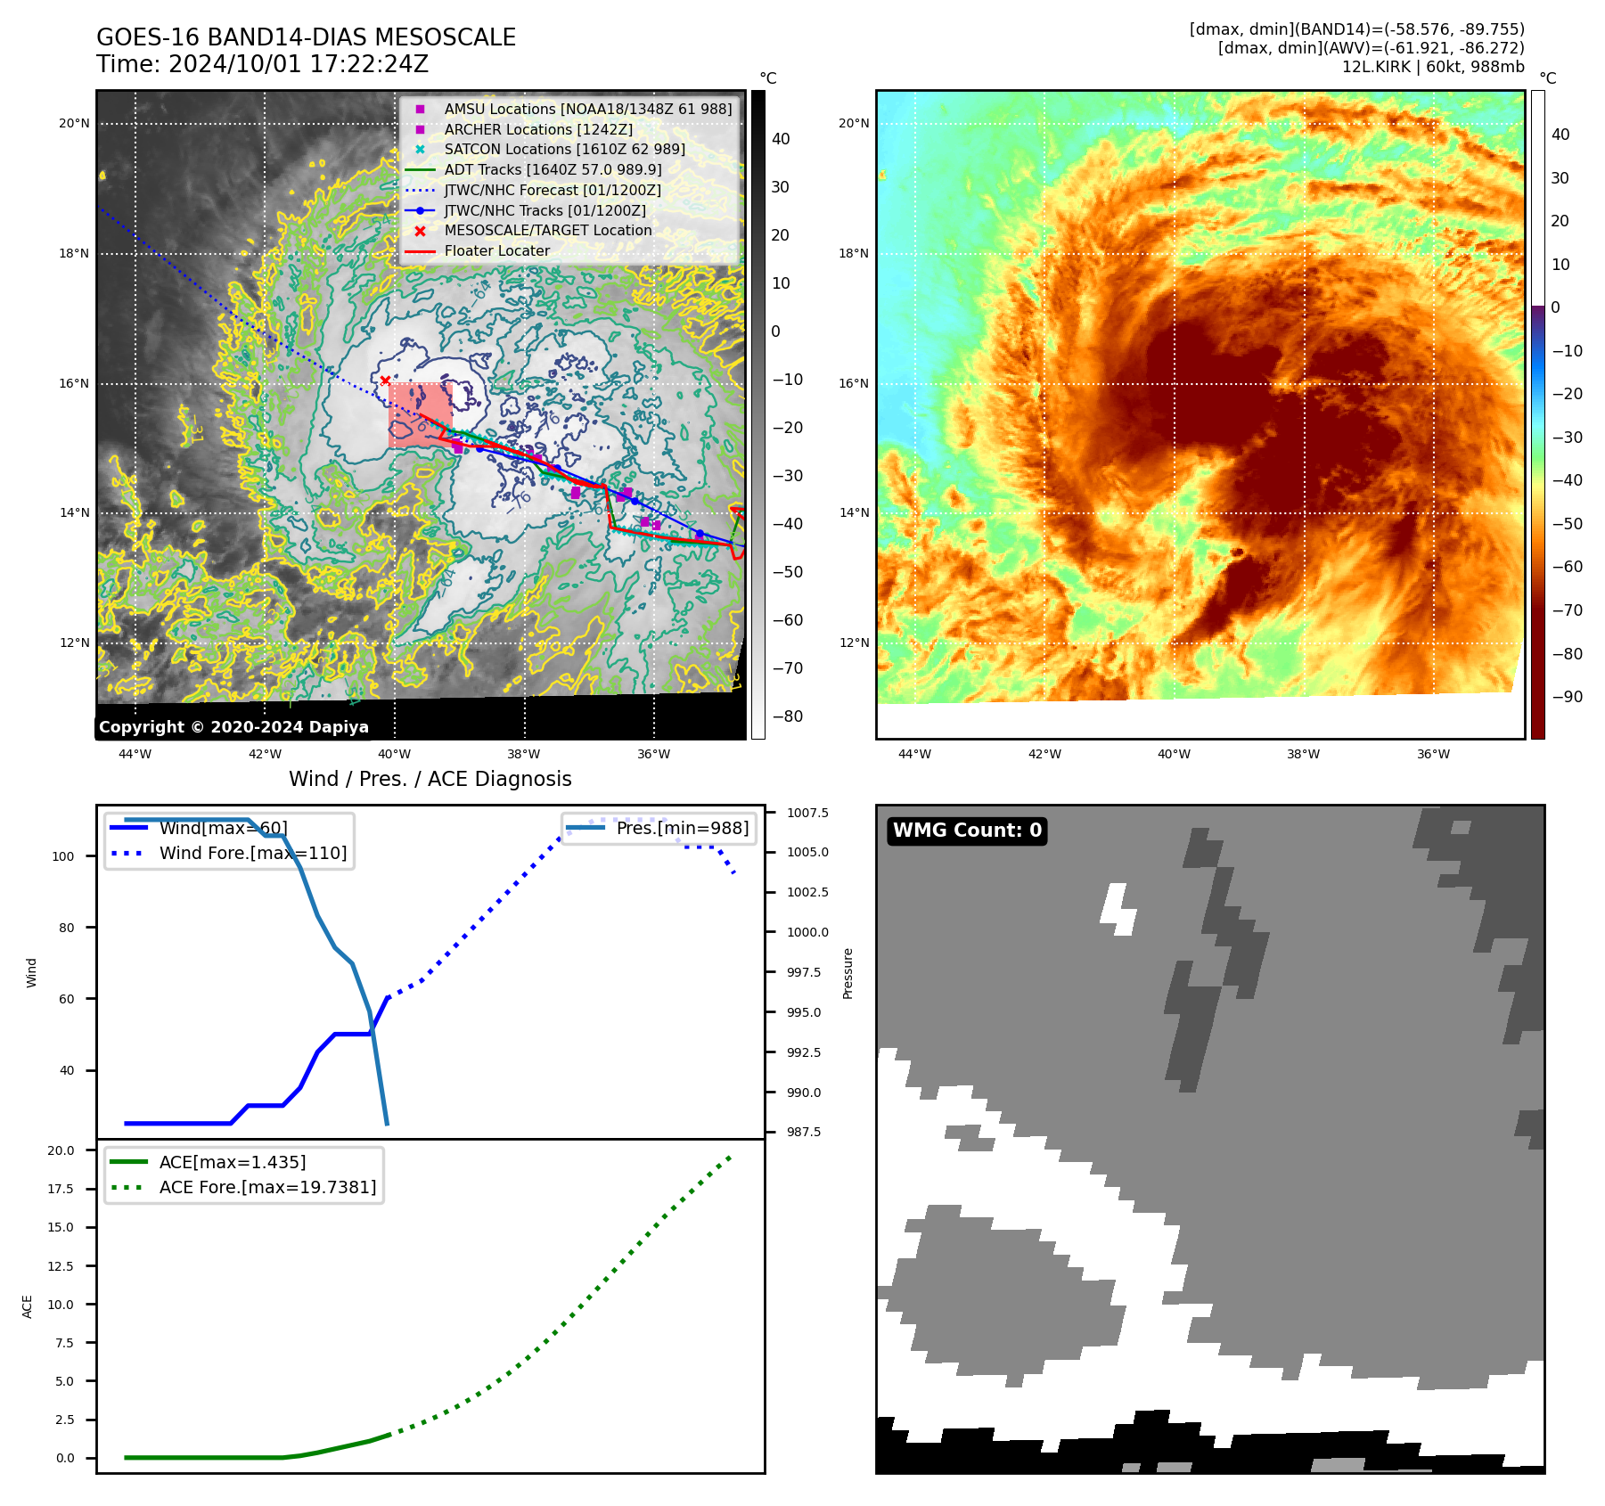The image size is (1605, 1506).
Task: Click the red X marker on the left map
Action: click(x=385, y=381)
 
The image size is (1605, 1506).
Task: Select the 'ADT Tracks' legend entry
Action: click(x=553, y=169)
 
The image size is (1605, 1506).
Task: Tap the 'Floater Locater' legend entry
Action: click(x=496, y=250)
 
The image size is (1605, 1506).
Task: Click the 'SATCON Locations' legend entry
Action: click(x=564, y=149)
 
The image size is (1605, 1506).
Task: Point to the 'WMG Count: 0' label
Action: click(x=967, y=831)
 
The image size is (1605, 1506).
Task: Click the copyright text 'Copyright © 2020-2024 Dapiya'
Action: click(x=233, y=727)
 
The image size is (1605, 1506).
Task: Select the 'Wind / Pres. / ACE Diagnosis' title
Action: click(x=430, y=779)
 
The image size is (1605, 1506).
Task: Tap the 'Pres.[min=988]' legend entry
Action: click(x=682, y=828)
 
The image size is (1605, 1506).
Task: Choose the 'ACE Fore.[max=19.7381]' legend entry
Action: click(x=267, y=1187)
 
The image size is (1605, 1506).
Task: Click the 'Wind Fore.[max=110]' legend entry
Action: click(x=253, y=853)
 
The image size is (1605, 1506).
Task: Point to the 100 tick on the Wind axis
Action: click(x=63, y=856)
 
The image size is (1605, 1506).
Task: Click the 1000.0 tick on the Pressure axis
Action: click(x=807, y=932)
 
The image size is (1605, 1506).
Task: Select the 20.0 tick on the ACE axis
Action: click(x=61, y=1150)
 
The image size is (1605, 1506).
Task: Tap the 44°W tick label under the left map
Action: click(x=135, y=754)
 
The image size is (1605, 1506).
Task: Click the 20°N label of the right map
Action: click(x=854, y=123)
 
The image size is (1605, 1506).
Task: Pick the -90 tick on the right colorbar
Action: click(x=1567, y=697)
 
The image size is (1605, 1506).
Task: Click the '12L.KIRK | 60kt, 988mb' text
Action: click(x=1433, y=67)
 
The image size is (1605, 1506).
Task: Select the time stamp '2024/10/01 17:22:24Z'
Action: click(x=299, y=64)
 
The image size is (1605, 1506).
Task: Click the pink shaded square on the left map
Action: click(x=420, y=414)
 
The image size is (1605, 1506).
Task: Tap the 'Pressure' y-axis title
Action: click(x=848, y=973)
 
